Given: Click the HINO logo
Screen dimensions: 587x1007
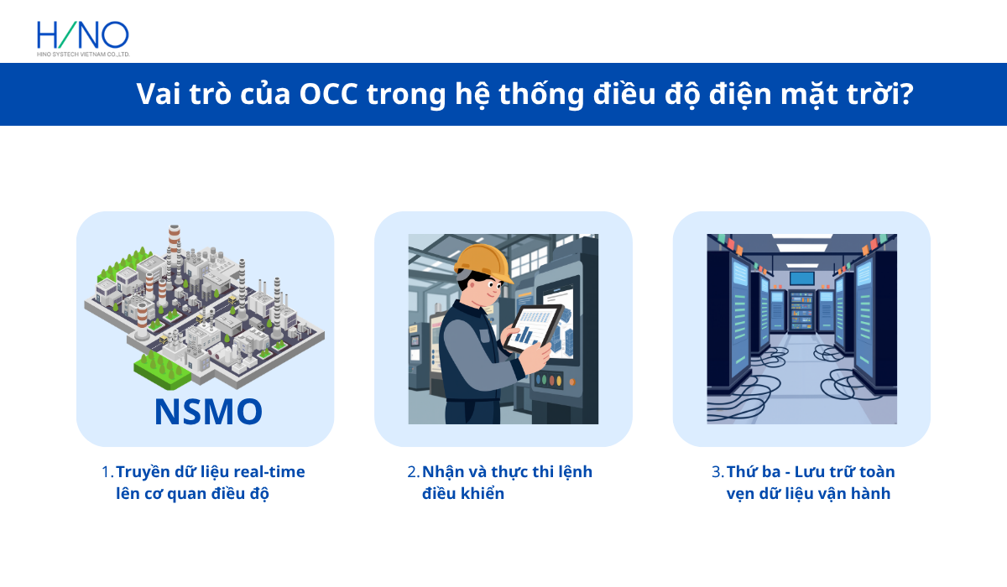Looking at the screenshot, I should [x=82, y=34].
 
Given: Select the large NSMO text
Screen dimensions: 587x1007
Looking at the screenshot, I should [x=208, y=412].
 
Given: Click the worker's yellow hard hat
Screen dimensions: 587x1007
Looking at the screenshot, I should [x=484, y=262].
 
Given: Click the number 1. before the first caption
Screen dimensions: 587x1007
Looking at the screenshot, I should [x=107, y=472].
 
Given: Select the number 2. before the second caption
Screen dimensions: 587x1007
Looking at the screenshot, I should [x=413, y=472].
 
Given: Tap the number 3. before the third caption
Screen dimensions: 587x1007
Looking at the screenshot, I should [x=717, y=472].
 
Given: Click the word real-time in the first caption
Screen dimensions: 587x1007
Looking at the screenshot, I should [x=269, y=472].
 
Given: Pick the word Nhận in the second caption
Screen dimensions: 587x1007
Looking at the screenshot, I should [x=441, y=472].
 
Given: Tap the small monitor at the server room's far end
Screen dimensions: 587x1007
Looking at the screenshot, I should [x=801, y=278].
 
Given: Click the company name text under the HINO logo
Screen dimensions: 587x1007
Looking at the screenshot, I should [x=82, y=54].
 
